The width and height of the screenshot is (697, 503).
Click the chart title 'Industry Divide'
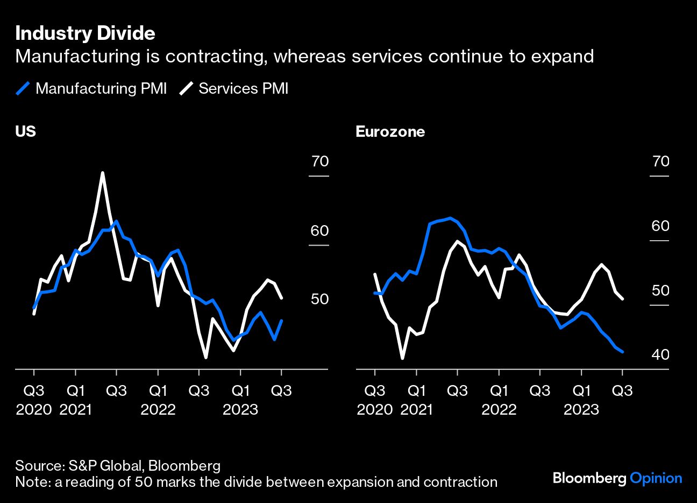(x=85, y=33)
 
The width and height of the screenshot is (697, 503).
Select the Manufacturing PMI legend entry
(x=91, y=88)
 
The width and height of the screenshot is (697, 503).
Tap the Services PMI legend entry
(x=234, y=88)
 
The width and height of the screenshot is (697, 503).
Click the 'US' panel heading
(x=25, y=131)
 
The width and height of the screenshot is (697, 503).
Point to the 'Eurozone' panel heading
(x=390, y=131)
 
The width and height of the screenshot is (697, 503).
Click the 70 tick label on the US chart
(x=320, y=161)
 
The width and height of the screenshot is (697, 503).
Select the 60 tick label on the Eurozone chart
(x=660, y=226)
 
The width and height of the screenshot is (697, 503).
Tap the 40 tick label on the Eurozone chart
(x=660, y=354)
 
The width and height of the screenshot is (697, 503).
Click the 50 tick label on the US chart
(x=319, y=298)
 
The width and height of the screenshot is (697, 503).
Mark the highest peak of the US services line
(x=102, y=172)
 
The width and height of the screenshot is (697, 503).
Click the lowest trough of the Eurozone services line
(x=403, y=358)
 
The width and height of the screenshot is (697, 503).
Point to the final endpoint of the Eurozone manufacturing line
(x=623, y=352)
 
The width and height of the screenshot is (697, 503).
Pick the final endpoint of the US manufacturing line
(x=282, y=320)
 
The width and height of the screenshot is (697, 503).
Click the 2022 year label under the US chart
(x=158, y=409)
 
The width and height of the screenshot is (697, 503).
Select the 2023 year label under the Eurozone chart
(x=581, y=409)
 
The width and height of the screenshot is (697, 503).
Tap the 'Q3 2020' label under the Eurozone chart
(x=375, y=400)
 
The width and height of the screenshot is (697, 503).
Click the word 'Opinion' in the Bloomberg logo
(x=656, y=479)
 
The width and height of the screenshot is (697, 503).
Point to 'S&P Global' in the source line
(x=105, y=466)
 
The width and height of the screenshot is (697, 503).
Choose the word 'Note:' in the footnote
(x=33, y=482)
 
